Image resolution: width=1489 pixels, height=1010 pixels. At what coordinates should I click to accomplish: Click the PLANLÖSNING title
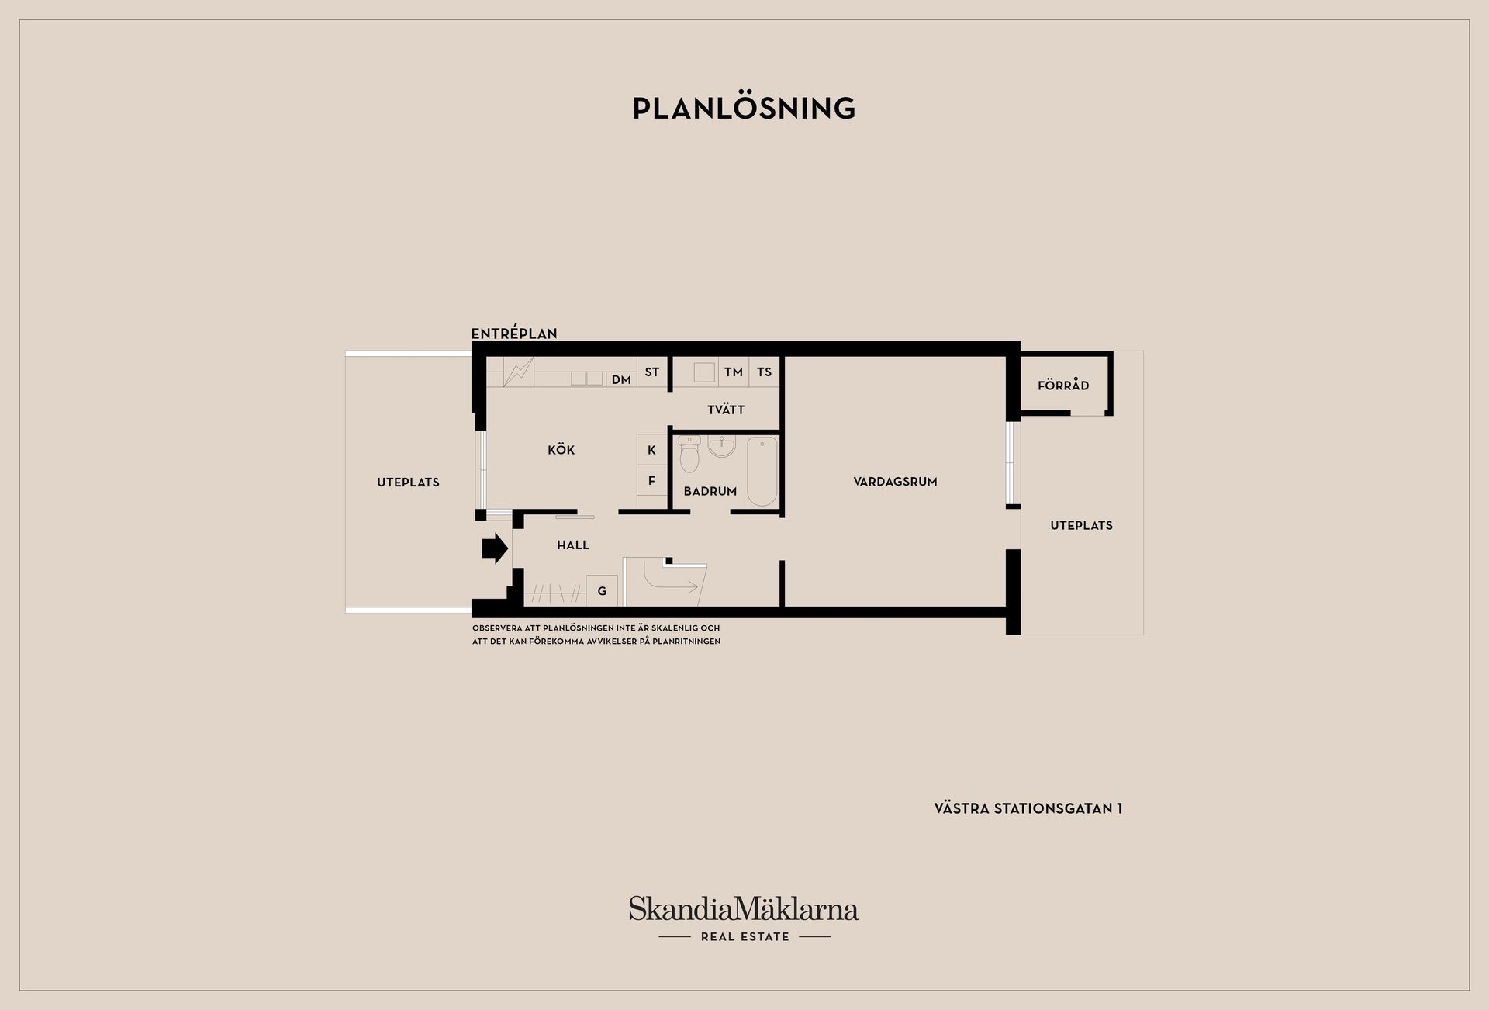pyautogui.click(x=744, y=108)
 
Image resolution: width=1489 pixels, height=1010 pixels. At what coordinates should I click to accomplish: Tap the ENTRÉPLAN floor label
pyautogui.click(x=514, y=334)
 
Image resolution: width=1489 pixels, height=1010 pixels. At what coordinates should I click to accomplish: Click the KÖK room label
pyautogui.click(x=561, y=450)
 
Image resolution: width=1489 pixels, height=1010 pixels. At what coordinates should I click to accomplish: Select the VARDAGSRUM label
pyautogui.click(x=895, y=482)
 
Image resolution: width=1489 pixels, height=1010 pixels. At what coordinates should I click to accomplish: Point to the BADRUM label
pyautogui.click(x=710, y=491)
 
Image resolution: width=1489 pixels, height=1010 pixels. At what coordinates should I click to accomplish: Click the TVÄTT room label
pyautogui.click(x=726, y=410)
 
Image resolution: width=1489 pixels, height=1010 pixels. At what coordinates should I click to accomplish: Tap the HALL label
pyautogui.click(x=573, y=545)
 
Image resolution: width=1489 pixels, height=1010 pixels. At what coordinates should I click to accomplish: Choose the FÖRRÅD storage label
pyautogui.click(x=1063, y=385)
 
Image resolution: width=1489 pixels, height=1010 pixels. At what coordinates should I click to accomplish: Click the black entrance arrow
pyautogui.click(x=495, y=548)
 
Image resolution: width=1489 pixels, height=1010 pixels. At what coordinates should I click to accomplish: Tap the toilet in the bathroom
pyautogui.click(x=689, y=454)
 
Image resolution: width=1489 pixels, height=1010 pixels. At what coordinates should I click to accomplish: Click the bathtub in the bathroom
pyautogui.click(x=762, y=472)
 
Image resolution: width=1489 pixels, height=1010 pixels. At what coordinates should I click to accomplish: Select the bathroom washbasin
pyautogui.click(x=721, y=447)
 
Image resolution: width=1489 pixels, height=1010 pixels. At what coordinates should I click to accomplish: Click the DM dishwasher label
pyautogui.click(x=621, y=380)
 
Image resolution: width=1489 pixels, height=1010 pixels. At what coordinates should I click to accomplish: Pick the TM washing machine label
pyautogui.click(x=734, y=372)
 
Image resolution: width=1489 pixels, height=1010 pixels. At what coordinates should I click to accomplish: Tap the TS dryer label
pyautogui.click(x=765, y=372)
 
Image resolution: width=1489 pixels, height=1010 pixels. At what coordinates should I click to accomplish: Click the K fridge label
pyautogui.click(x=651, y=450)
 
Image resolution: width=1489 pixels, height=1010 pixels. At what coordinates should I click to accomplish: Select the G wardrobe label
pyautogui.click(x=602, y=592)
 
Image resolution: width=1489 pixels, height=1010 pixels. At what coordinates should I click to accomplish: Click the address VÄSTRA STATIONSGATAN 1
pyautogui.click(x=1028, y=808)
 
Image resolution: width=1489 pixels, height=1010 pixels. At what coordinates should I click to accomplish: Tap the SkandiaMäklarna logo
pyautogui.click(x=744, y=918)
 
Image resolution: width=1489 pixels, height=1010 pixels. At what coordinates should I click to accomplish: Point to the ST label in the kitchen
pyautogui.click(x=652, y=372)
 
